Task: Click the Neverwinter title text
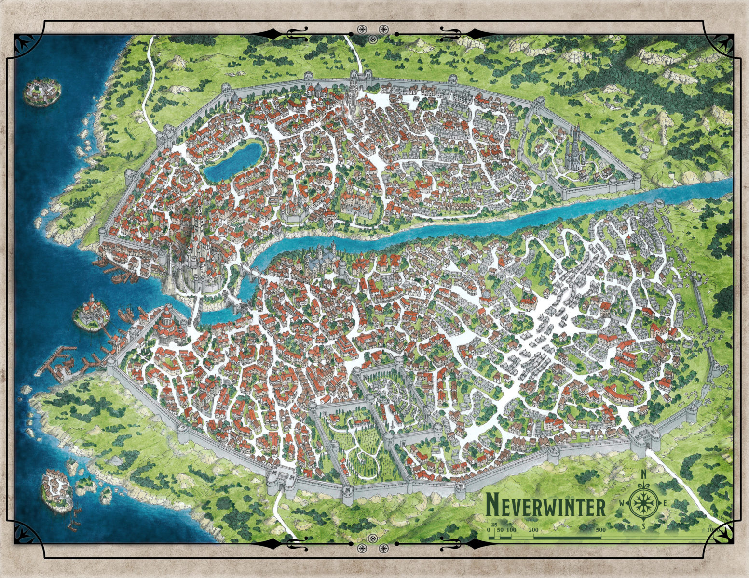point(545,506)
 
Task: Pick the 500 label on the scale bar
point(599,530)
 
